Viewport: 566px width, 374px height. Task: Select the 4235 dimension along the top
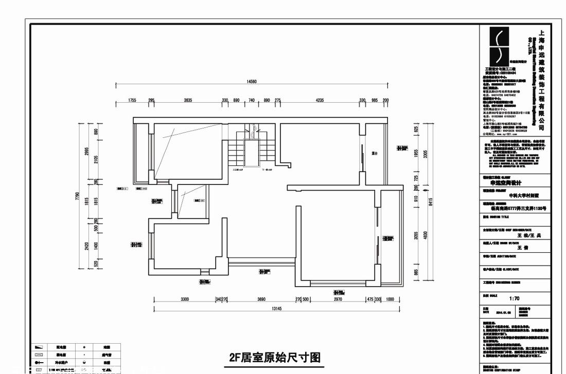click(319, 100)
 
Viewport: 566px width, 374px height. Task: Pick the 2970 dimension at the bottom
click(338, 299)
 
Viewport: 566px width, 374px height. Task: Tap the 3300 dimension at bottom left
click(185, 299)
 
